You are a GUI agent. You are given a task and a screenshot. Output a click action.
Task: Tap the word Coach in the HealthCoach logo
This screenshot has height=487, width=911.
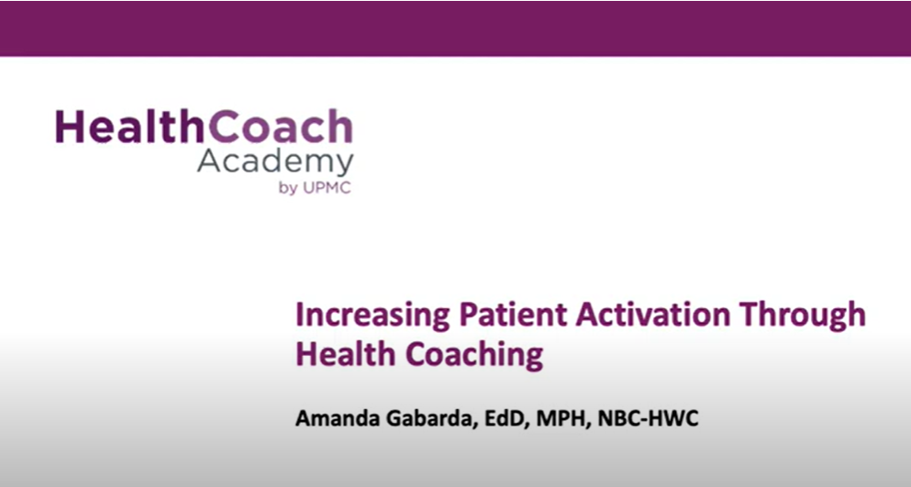pos(281,127)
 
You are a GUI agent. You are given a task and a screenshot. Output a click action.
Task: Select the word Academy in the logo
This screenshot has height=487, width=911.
pos(275,162)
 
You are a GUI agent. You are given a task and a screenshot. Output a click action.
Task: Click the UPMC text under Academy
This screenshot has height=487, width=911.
pos(327,189)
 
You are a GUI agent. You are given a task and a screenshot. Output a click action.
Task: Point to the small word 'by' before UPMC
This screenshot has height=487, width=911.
pos(288,190)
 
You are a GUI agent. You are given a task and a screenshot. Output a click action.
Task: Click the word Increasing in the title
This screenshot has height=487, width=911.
pos(373,315)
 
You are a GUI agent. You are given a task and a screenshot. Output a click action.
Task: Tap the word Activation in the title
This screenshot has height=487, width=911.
pos(652,315)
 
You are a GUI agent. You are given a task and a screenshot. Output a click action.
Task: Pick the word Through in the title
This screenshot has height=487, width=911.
pos(803,315)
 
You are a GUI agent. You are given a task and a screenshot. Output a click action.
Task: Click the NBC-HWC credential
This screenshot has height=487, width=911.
pos(648,418)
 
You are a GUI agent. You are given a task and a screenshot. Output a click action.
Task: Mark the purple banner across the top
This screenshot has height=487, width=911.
pos(455,28)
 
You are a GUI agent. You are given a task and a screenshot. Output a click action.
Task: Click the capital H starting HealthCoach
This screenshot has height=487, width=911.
pos(70,127)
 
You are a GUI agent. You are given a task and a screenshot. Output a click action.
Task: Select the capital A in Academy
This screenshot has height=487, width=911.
pos(209,161)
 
